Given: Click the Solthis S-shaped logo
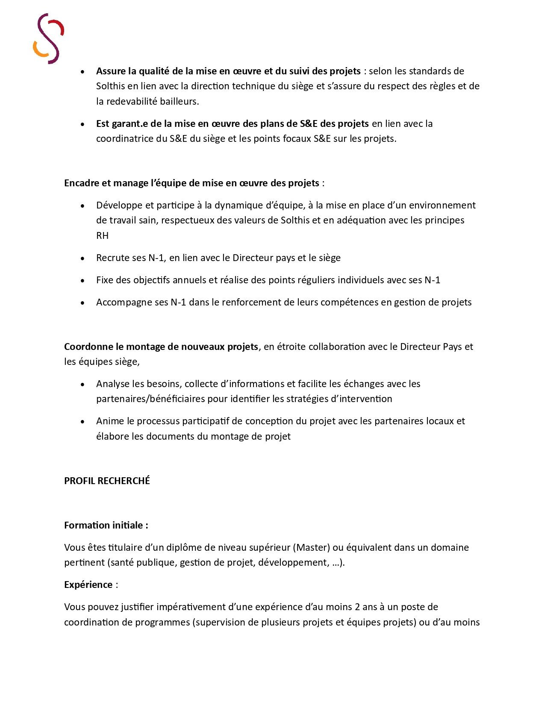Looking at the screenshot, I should point(48,38).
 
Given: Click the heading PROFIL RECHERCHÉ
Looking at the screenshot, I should point(107,481).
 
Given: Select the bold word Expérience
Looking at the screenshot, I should point(88,585).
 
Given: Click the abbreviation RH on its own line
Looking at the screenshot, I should point(102,235).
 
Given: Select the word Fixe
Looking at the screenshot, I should point(105,280).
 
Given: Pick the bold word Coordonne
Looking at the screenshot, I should point(88,347).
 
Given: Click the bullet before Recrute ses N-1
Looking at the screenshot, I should point(82,258).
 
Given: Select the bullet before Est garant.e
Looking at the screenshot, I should point(82,124).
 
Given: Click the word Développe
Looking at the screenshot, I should point(119,206).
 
